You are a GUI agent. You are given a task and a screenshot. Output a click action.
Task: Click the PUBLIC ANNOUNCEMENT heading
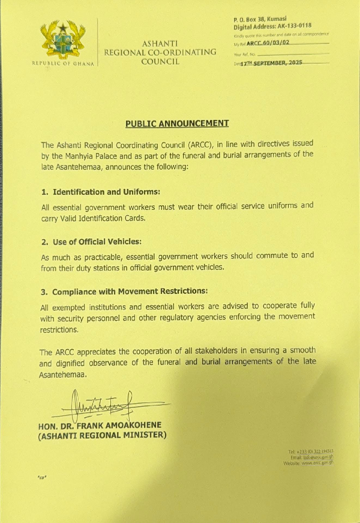177,124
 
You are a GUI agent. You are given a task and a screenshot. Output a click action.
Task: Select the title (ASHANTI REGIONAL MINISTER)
102,435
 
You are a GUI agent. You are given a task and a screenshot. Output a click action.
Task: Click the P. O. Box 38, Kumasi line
260,20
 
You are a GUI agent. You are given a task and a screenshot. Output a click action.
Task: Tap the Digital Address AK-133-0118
272,26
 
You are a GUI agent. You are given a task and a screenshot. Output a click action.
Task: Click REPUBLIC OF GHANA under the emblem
62,64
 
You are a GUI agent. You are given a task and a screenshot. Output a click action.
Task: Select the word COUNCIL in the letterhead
160,61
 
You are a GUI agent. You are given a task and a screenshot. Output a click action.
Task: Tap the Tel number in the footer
311,451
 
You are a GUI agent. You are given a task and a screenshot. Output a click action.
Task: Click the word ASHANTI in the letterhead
160,44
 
